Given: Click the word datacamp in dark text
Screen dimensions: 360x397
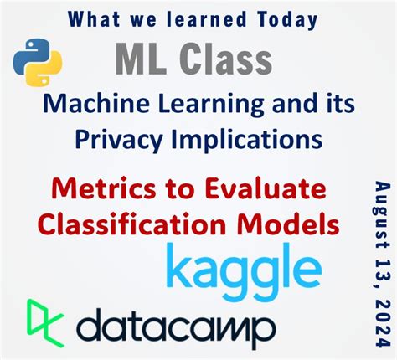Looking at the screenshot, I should click(x=181, y=323).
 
